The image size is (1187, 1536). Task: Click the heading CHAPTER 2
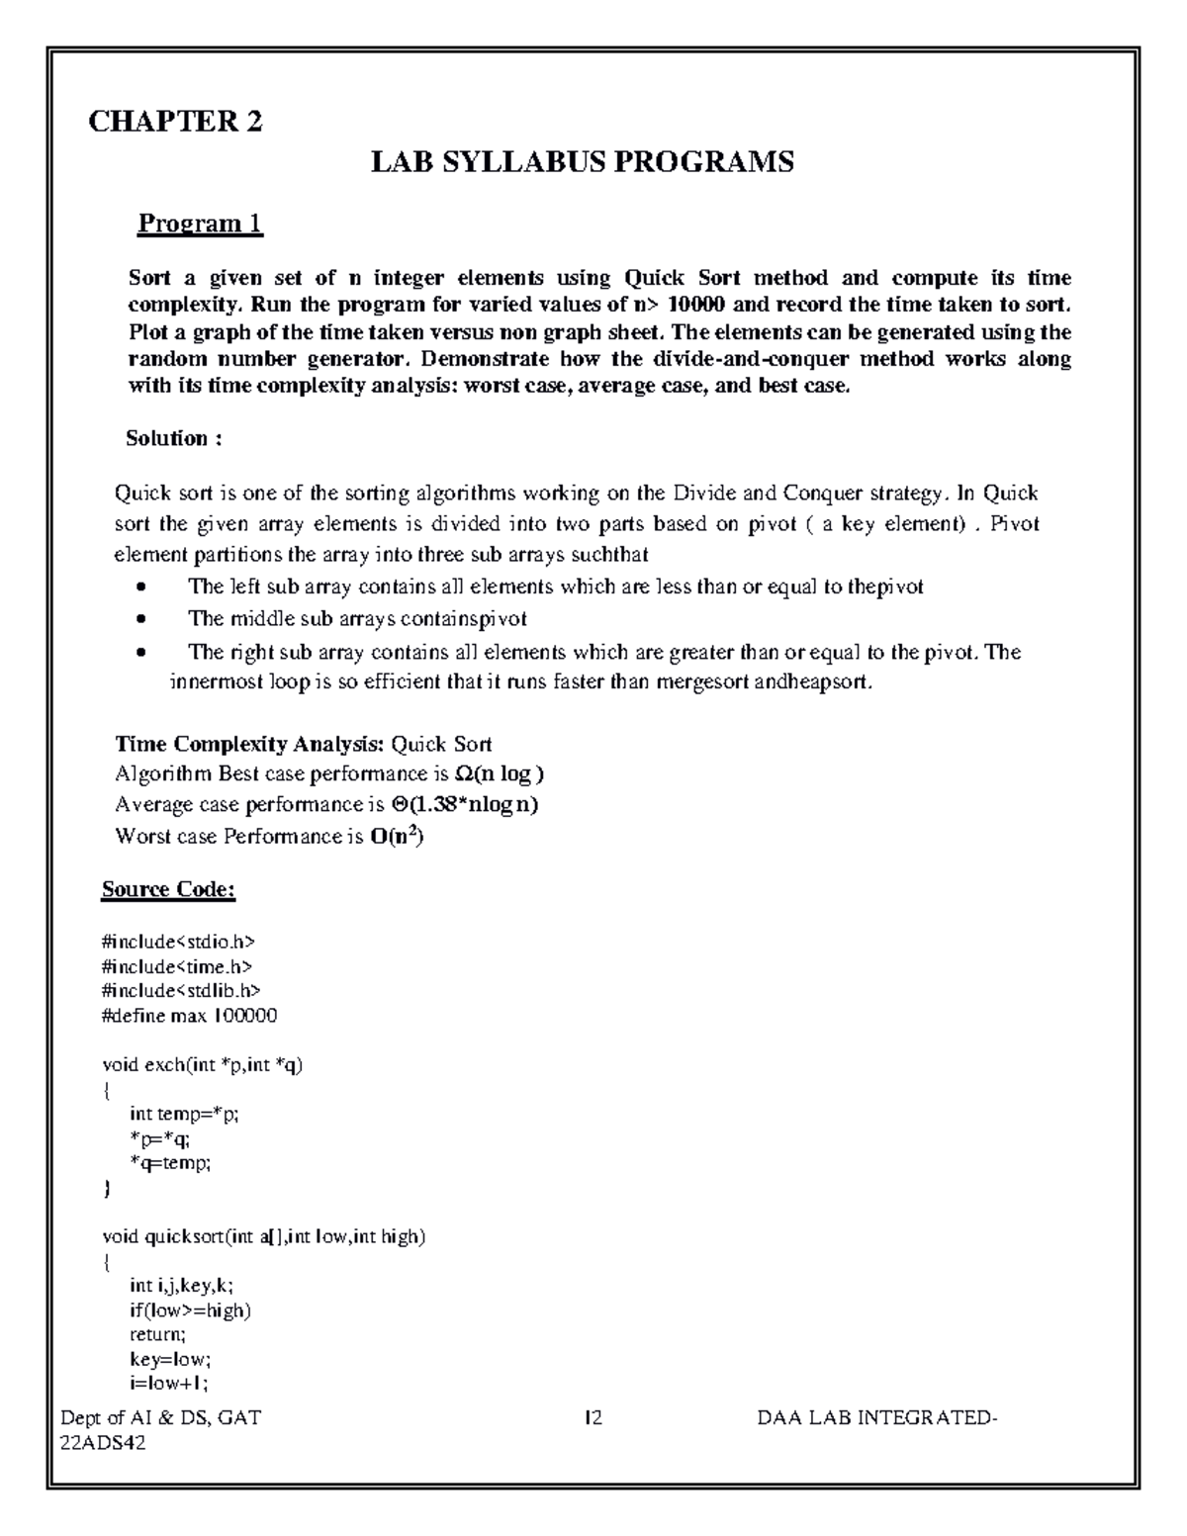pos(175,122)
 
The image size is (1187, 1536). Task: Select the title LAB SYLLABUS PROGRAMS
pos(582,162)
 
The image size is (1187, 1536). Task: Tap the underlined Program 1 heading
pos(200,224)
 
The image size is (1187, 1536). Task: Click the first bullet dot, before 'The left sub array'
pos(142,587)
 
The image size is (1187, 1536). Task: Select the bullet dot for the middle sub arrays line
pos(142,620)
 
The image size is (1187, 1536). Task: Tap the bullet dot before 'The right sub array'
pos(142,653)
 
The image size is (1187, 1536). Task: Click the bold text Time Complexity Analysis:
pos(250,744)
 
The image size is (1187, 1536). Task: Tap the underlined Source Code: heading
pos(168,889)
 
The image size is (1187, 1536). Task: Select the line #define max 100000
pos(189,1016)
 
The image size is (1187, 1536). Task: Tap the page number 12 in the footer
pos(593,1418)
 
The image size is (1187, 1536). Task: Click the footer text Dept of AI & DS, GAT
pos(161,1418)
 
